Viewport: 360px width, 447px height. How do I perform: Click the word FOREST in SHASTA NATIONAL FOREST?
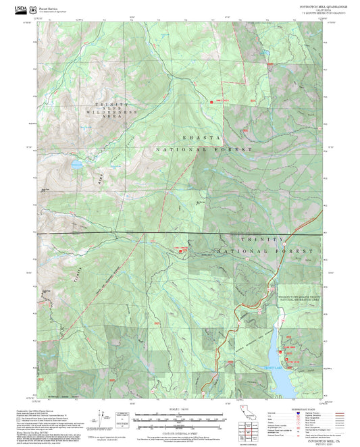[x=236, y=149]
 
